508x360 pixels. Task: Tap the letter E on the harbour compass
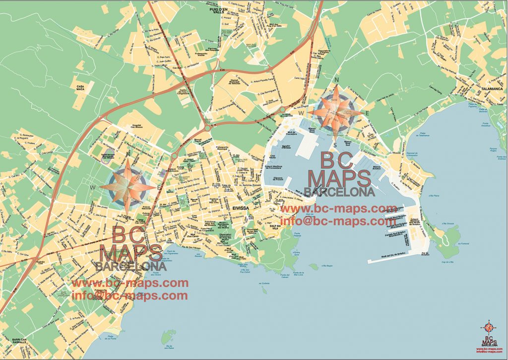coord(367,114)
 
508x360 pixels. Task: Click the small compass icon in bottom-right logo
coord(489,328)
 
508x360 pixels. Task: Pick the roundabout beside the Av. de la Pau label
coord(174,156)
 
